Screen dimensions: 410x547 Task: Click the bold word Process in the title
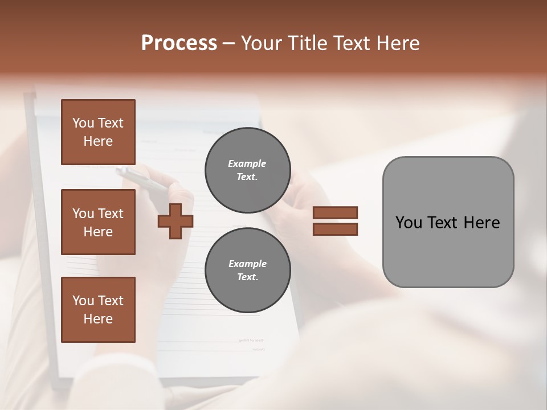(x=179, y=43)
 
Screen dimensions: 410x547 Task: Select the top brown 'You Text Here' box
(x=98, y=132)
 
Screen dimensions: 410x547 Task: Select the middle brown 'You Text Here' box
(x=98, y=222)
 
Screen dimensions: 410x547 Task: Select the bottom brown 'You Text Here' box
(x=98, y=310)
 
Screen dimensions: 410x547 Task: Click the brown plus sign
(x=175, y=221)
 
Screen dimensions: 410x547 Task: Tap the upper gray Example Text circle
(x=247, y=170)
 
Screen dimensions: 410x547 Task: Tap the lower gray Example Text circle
(x=247, y=270)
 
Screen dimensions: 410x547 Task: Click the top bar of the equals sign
(x=335, y=212)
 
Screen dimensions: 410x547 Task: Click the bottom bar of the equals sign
(x=335, y=229)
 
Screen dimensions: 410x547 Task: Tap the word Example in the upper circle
(x=247, y=163)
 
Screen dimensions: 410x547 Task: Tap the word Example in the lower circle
(x=247, y=264)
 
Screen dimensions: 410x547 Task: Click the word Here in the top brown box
(x=98, y=141)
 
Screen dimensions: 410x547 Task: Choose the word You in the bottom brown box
(x=83, y=301)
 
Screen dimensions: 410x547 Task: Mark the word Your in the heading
(x=261, y=43)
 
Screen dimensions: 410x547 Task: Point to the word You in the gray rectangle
(x=409, y=223)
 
